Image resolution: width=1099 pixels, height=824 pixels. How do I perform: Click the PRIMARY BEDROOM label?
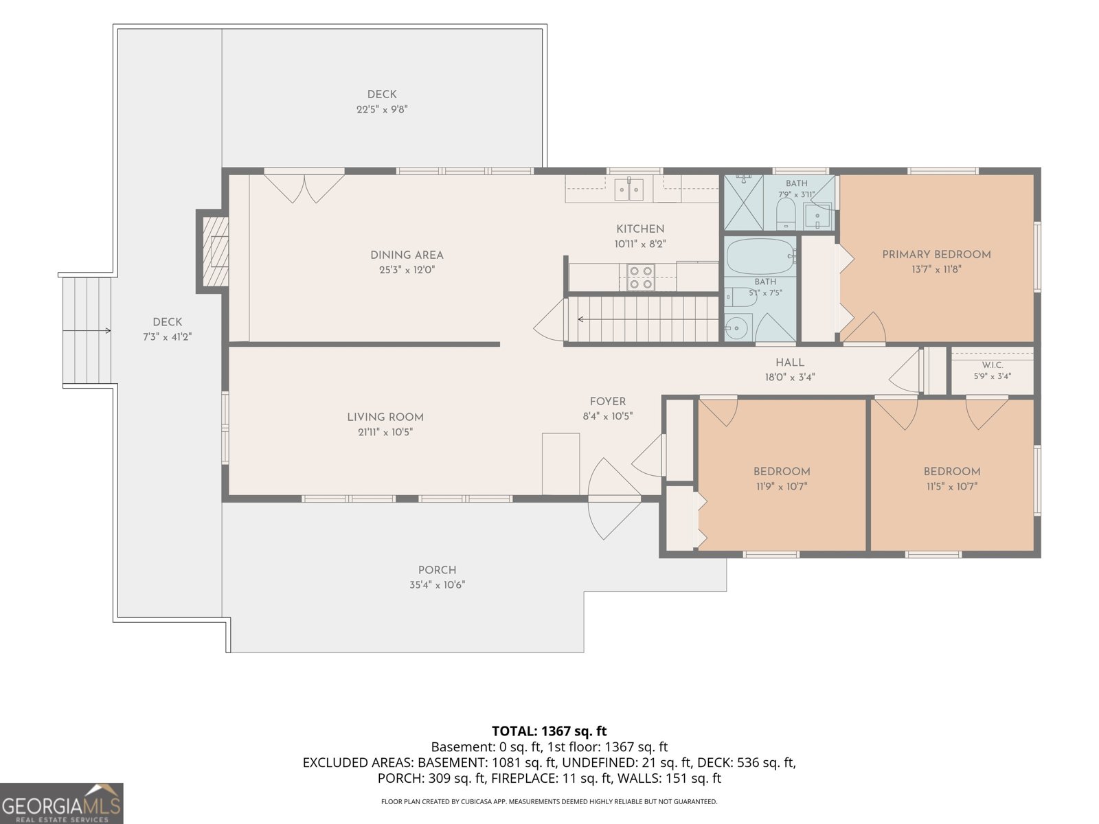point(936,255)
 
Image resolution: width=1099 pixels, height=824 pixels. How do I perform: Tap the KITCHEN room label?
point(640,229)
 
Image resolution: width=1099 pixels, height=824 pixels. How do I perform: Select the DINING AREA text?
point(407,255)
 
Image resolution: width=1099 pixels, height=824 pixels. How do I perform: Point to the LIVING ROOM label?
point(385,417)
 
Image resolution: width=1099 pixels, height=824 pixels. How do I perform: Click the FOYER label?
point(607,402)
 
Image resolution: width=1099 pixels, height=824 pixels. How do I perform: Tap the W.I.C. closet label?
point(992,365)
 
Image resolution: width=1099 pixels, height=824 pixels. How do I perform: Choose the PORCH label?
point(437,571)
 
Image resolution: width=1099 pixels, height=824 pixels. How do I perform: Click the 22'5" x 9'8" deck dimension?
point(382,110)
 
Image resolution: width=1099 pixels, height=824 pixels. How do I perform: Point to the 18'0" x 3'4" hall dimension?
point(790,377)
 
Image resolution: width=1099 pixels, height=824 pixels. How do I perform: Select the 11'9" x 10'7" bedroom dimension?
point(782,486)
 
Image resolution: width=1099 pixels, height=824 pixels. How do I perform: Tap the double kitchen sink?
point(629,189)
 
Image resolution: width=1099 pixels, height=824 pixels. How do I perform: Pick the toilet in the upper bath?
point(786,214)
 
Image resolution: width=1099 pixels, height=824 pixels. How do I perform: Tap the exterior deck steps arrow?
point(87,331)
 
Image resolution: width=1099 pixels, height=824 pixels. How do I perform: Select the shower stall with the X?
point(743,203)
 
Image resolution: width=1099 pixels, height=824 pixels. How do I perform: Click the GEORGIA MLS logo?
point(62,803)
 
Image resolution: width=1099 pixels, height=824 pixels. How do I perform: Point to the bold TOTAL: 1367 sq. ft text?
point(549,731)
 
